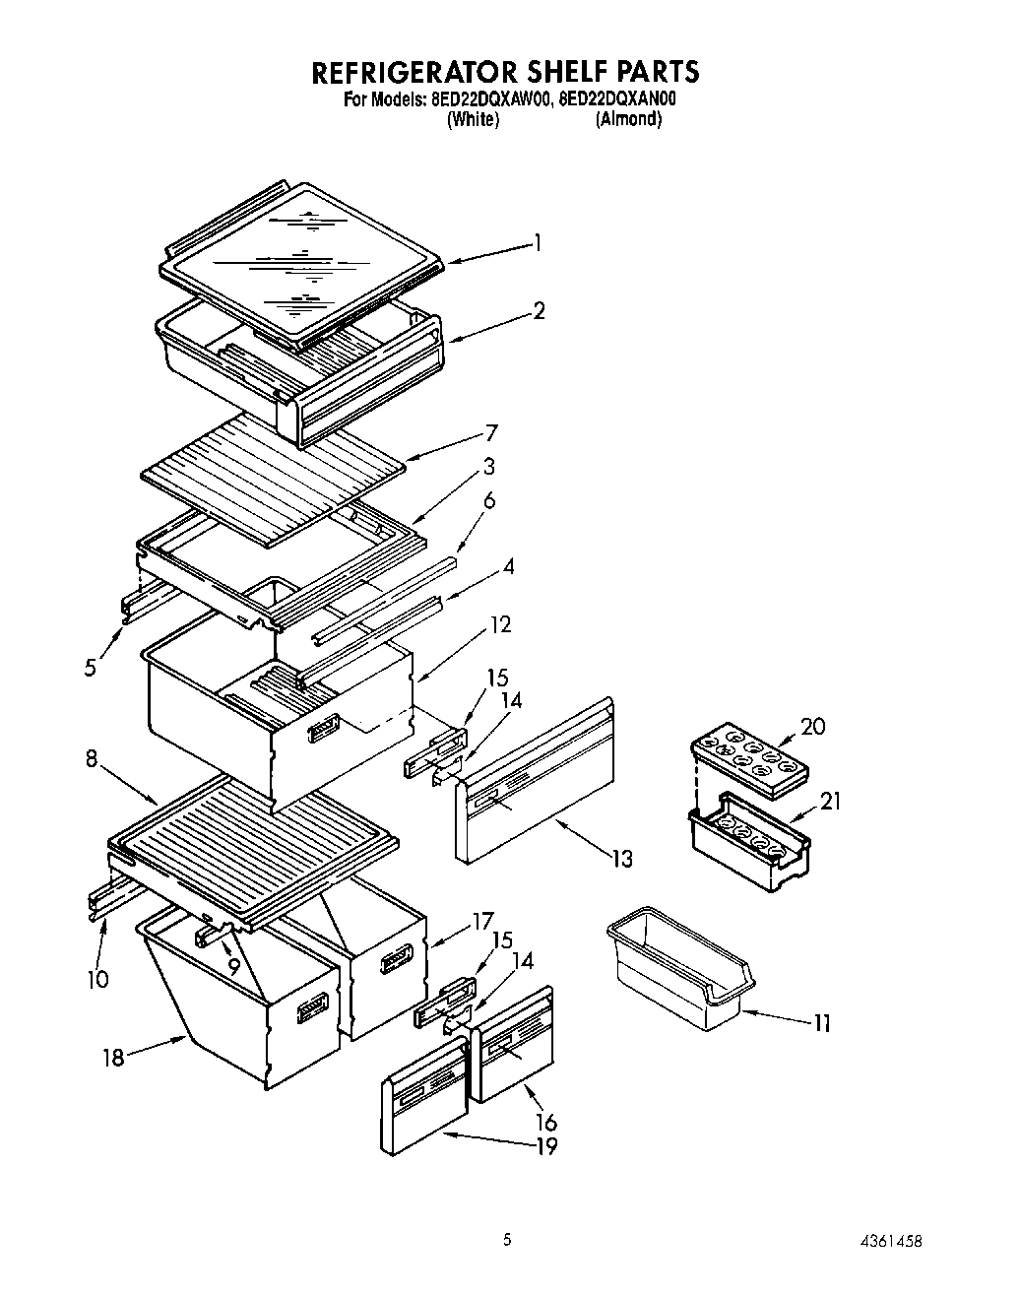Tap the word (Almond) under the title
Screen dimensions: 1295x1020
tap(628, 119)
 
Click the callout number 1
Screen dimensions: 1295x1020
tap(537, 241)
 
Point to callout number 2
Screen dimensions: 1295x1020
tap(539, 310)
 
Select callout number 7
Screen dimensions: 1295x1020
tap(490, 432)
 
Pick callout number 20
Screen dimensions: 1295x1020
tap(812, 727)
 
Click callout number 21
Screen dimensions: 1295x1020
tap(830, 801)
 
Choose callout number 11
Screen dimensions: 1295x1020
tap(821, 1024)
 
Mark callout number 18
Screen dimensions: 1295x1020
tap(114, 1058)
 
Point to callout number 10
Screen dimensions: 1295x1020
tap(97, 979)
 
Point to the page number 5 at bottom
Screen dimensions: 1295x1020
tap(507, 1241)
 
